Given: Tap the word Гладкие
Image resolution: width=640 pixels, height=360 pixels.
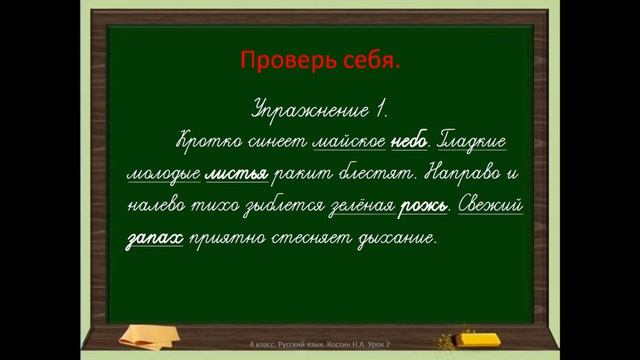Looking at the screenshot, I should click(x=479, y=141).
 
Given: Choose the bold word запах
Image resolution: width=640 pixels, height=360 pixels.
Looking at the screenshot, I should click(x=156, y=241).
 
